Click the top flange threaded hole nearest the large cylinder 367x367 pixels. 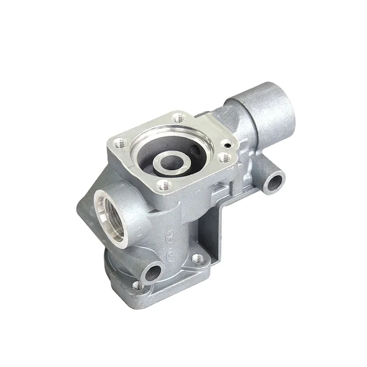coord(179,117)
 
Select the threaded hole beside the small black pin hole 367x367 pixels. coord(225,158)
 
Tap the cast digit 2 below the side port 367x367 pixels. coord(140,231)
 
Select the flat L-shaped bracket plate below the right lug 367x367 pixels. coord(215,230)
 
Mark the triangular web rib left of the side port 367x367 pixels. coord(88,206)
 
